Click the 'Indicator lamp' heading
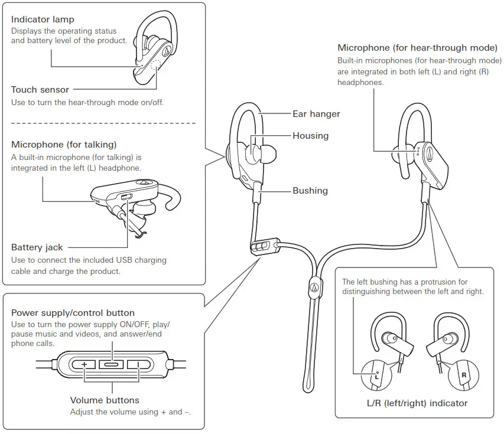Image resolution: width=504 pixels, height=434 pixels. coord(43,20)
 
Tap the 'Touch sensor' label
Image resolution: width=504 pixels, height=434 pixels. coord(40,90)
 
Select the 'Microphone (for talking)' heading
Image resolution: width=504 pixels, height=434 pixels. coord(64,145)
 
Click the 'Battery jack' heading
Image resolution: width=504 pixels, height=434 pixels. coord(37,247)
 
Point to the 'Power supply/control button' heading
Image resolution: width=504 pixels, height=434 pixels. coord(73,313)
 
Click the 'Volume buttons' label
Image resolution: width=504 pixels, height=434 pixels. coord(105,400)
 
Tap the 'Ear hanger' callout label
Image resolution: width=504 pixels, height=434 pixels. coord(316,113)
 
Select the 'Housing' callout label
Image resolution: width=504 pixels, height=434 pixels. coord(310,136)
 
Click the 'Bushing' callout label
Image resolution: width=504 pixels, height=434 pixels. coord(310,191)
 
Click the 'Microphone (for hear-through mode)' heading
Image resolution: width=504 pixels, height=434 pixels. coord(419,48)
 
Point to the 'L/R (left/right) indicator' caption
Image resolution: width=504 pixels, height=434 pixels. coord(417,403)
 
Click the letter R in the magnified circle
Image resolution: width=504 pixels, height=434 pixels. coord(464,374)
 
